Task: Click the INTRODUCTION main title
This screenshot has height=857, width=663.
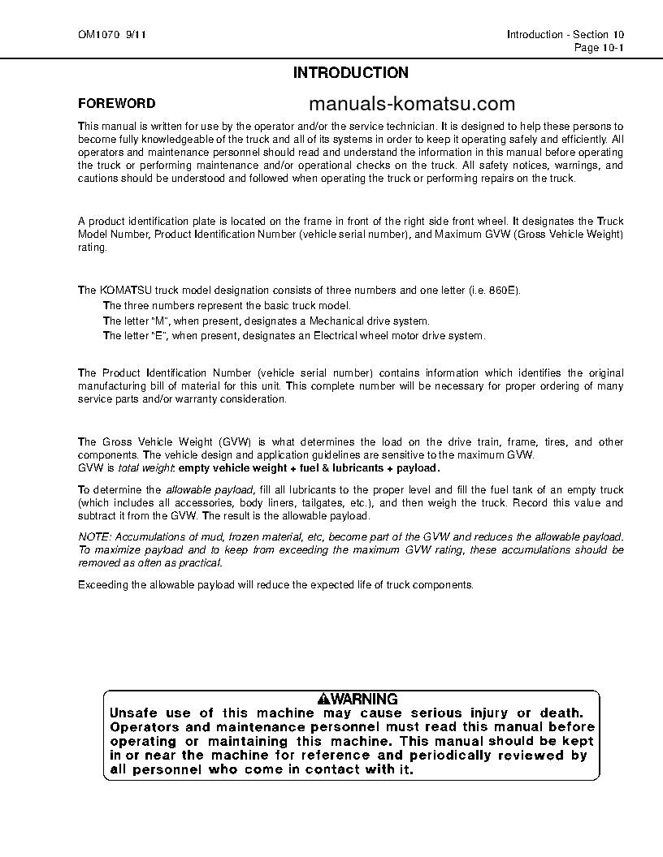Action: tap(350, 73)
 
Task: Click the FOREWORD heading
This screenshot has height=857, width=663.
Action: tap(116, 104)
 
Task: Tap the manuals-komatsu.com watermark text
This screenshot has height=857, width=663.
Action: tap(412, 104)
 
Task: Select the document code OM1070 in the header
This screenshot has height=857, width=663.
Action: tap(96, 35)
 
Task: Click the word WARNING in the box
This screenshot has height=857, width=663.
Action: tap(364, 699)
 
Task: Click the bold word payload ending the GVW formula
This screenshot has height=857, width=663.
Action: tap(418, 468)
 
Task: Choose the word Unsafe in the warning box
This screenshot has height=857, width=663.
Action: tap(132, 712)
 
